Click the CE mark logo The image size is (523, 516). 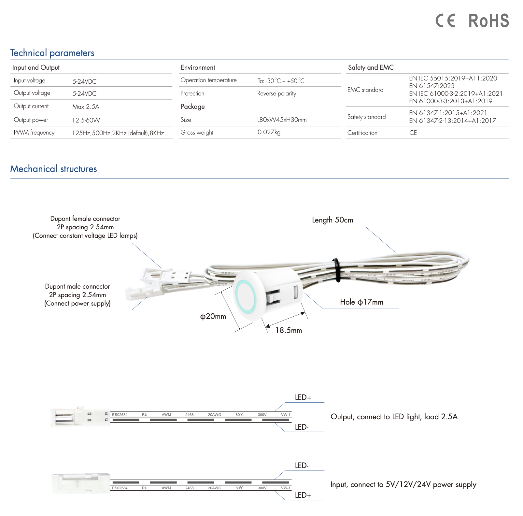click(445, 21)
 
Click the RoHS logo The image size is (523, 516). click(488, 21)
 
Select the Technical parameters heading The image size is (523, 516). click(52, 53)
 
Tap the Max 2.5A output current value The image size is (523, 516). click(86, 107)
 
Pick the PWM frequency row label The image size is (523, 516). click(34, 133)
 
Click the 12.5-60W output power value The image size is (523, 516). click(86, 120)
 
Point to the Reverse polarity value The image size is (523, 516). click(276, 93)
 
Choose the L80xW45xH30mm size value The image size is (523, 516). click(282, 120)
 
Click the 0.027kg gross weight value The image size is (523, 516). click(269, 132)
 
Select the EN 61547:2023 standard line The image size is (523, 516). click(431, 86)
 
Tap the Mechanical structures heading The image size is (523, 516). click(53, 169)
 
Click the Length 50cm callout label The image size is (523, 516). click(332, 220)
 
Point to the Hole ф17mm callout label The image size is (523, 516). click(361, 302)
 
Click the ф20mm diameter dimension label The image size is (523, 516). click(213, 316)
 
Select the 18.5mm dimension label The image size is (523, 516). click(289, 330)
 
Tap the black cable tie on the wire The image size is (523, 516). click(336, 270)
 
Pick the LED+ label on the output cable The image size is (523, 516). click(303, 397)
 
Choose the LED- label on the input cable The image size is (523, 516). click(302, 466)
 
